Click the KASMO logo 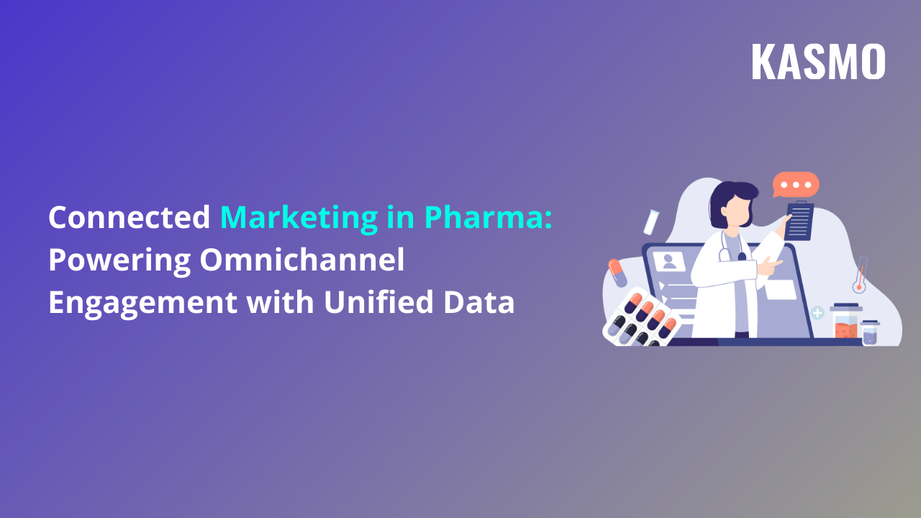pos(818,62)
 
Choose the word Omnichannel pos(302,260)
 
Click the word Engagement pos(142,303)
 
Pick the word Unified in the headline pos(374,302)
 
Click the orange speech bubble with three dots pos(796,185)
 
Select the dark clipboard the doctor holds pos(799,222)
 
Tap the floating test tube pos(652,221)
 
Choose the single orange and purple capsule pos(617,273)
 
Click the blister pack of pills pos(640,318)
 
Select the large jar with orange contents pos(845,322)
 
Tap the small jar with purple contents pos(870,332)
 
